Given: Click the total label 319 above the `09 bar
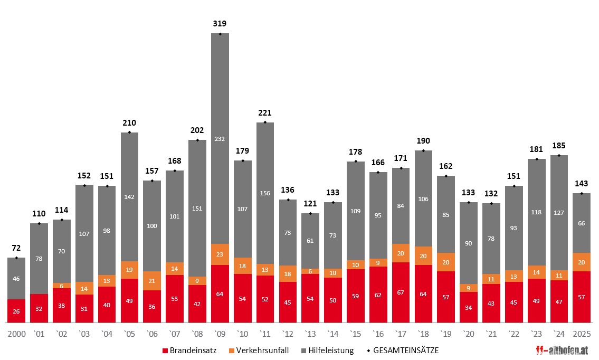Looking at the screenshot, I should pyautogui.click(x=220, y=23).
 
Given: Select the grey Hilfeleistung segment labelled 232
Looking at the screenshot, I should pyautogui.click(x=220, y=138).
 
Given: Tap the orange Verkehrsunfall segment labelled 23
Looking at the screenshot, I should pyautogui.click(x=220, y=254).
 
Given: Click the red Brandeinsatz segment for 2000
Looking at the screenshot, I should pyautogui.click(x=16, y=311).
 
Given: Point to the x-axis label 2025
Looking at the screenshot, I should pyautogui.click(x=582, y=334).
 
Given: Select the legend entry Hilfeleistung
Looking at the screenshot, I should pyautogui.click(x=327, y=350).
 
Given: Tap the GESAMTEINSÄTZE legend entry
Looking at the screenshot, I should pyautogui.click(x=401, y=350).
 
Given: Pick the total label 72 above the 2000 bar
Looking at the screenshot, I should pyautogui.click(x=16, y=248).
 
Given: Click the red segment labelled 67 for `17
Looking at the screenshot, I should pyautogui.click(x=401, y=292).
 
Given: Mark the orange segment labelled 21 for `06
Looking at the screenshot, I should pyautogui.click(x=152, y=280).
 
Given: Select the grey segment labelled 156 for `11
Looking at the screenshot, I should pyautogui.click(x=265, y=193).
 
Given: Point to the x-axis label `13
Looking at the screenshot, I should pyautogui.click(x=310, y=334).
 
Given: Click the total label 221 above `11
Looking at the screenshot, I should pyautogui.click(x=265, y=112).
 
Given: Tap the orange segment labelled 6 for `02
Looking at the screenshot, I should pyautogui.click(x=62, y=286).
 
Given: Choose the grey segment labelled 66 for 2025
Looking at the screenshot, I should pyautogui.click(x=582, y=223).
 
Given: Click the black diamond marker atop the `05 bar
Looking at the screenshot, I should pyautogui.click(x=129, y=132).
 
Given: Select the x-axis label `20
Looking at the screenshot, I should pyautogui.click(x=469, y=334).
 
